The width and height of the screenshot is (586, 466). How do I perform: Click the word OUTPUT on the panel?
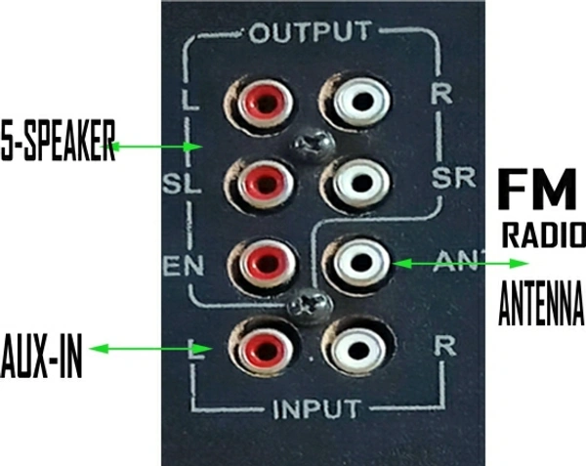click(310, 32)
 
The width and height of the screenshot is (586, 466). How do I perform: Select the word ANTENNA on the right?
click(541, 304)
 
